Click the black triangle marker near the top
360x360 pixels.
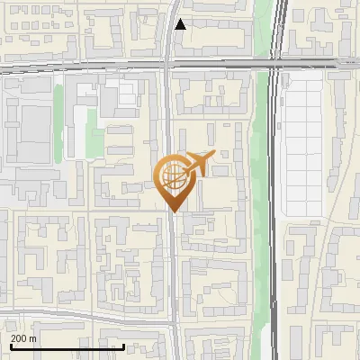(181, 24)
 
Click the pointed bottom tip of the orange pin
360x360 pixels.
(174, 211)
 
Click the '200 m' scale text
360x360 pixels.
(24, 338)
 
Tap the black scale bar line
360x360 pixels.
(67, 346)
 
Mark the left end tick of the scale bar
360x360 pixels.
(11, 346)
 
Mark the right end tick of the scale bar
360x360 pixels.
(123, 346)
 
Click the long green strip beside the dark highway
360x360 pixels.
(263, 180)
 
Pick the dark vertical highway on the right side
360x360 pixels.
(276, 225)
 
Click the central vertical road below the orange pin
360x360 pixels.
(171, 270)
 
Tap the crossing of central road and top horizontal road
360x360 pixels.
(169, 65)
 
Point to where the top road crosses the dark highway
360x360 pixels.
(277, 64)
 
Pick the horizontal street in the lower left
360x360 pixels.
(81, 314)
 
